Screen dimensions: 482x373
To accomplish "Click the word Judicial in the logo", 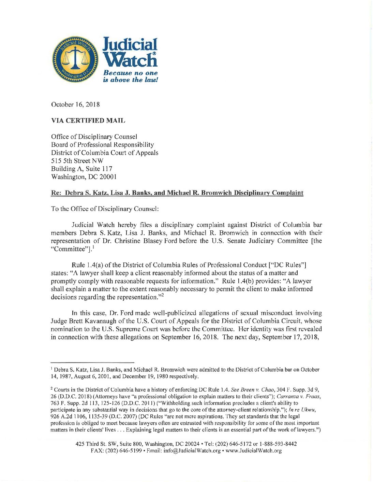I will point(130,45).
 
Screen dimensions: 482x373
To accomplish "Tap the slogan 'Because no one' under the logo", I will point(131,73).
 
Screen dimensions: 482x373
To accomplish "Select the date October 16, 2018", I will point(75,104).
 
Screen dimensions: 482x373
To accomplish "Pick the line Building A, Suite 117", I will point(81,169).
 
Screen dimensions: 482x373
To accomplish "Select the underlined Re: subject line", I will point(177,193).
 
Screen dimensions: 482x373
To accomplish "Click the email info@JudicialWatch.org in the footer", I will point(192,451).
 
